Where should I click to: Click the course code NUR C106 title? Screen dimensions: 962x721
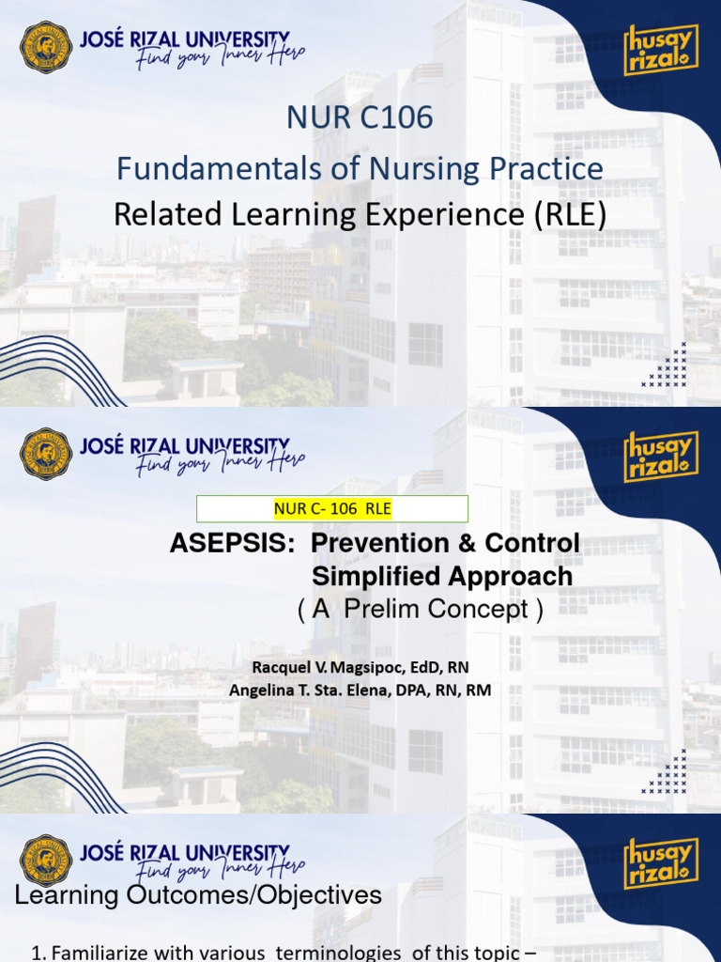click(360, 118)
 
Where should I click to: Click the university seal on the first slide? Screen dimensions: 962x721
click(46, 47)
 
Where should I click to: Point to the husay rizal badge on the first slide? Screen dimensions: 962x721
click(661, 50)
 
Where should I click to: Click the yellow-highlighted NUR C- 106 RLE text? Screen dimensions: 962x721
click(332, 509)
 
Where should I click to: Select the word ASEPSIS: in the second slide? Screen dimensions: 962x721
click(235, 544)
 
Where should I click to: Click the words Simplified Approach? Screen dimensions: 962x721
click(442, 576)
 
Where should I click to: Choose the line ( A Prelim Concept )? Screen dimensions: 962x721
click(420, 610)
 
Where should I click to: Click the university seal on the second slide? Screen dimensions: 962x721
click(46, 454)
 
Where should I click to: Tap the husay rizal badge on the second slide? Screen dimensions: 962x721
click(661, 457)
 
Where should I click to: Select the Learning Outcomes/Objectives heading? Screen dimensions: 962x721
click(198, 895)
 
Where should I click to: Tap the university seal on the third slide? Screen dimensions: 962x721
click(46, 861)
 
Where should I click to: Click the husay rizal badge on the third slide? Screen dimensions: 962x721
click(661, 863)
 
